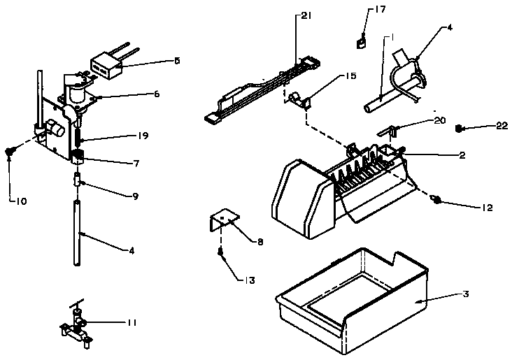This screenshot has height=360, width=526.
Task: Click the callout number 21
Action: click(306, 16)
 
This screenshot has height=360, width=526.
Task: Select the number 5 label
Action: click(177, 61)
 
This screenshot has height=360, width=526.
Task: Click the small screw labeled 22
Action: click(460, 128)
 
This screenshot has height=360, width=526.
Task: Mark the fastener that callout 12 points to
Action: click(436, 201)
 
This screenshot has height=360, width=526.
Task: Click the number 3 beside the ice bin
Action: click(465, 294)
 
